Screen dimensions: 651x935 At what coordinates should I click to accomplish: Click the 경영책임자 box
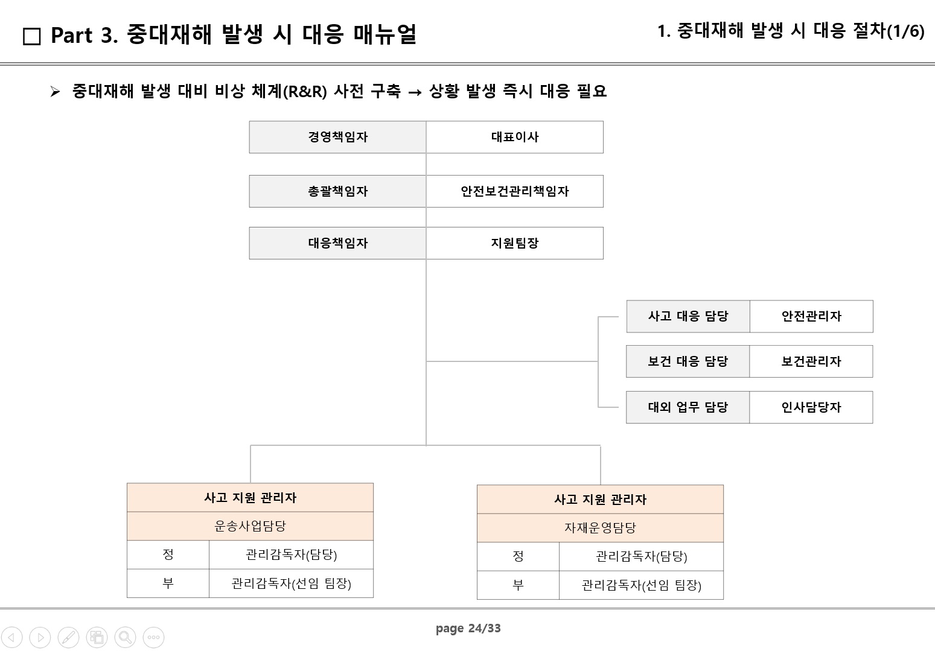click(337, 137)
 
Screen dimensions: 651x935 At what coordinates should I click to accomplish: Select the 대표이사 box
click(514, 137)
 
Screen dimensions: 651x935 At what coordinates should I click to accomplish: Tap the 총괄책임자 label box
click(337, 191)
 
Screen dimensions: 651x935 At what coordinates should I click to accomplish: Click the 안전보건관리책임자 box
click(514, 191)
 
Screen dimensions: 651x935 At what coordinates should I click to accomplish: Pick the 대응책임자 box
click(337, 243)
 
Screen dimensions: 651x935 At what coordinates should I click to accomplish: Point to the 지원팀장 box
click(514, 243)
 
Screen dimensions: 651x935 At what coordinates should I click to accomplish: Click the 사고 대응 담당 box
click(688, 316)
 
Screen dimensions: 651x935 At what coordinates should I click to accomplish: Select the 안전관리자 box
click(811, 316)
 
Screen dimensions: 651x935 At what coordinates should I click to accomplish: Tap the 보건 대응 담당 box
click(688, 361)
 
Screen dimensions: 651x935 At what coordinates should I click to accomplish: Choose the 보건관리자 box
click(811, 361)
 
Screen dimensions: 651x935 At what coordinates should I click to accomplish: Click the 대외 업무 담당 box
click(688, 407)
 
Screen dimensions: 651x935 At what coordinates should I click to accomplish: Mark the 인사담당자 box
click(811, 407)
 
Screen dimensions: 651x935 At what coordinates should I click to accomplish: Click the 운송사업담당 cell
click(250, 526)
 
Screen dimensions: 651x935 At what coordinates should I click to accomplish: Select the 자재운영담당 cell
click(600, 528)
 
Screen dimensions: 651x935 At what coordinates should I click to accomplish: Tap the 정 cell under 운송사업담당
click(168, 554)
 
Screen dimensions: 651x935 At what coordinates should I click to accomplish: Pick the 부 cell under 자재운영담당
click(518, 585)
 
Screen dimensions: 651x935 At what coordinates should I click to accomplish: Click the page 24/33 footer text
click(468, 629)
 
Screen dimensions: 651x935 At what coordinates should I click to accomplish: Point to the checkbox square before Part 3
click(31, 36)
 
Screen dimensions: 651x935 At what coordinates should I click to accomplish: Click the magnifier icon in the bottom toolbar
click(125, 637)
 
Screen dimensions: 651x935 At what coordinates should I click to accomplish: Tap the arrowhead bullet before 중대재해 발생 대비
click(55, 92)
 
